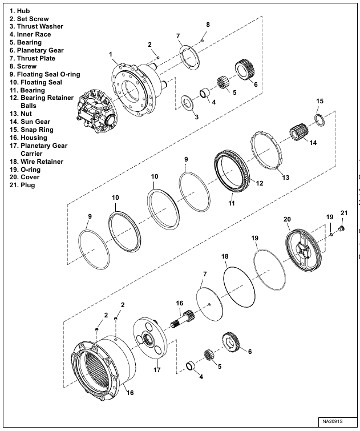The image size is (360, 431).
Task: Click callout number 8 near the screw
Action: tap(208, 25)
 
